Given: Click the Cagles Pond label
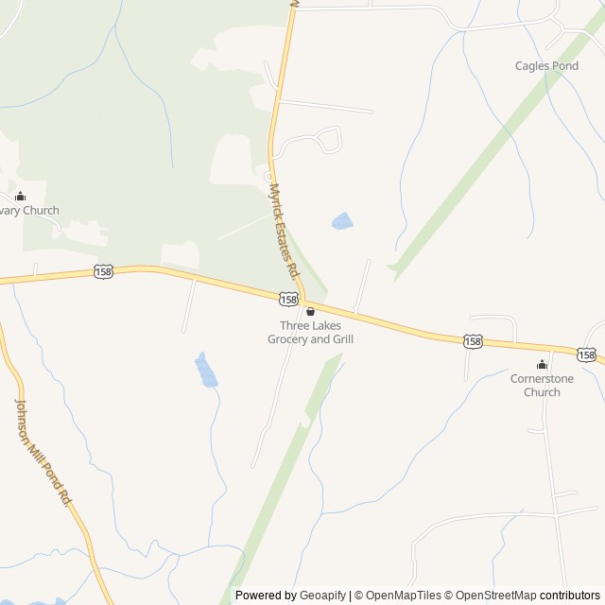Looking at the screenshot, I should pyautogui.click(x=546, y=66).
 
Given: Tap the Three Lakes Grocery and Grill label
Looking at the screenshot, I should pyautogui.click(x=310, y=332).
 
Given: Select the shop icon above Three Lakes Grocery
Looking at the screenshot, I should pyautogui.click(x=310, y=311).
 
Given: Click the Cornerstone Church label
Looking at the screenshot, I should pyautogui.click(x=542, y=385).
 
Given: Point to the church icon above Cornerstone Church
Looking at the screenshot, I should pyautogui.click(x=542, y=365).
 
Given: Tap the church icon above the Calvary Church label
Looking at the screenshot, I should pyautogui.click(x=20, y=196).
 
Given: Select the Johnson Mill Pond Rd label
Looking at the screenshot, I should pyautogui.click(x=43, y=450).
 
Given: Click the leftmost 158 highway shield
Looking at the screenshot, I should pyautogui.click(x=103, y=271).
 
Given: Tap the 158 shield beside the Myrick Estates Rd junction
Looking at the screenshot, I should pyautogui.click(x=288, y=299).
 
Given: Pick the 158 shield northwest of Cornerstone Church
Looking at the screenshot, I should pyautogui.click(x=473, y=340).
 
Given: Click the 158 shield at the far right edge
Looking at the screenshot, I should pyautogui.click(x=586, y=354).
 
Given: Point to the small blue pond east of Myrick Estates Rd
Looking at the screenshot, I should pyautogui.click(x=341, y=222).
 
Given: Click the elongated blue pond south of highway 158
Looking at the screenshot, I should pyautogui.click(x=205, y=370).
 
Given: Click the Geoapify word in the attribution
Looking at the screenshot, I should pyautogui.click(x=322, y=596).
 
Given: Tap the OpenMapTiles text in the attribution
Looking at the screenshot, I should pyautogui.click(x=404, y=596).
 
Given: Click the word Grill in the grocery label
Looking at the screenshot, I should pyautogui.click(x=337, y=338).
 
